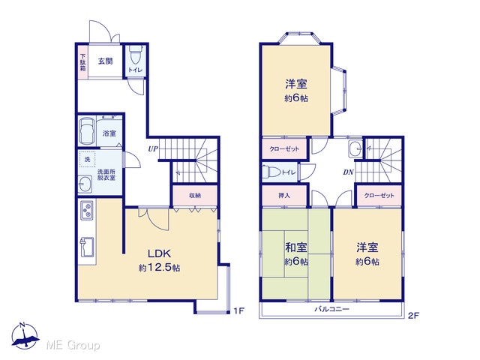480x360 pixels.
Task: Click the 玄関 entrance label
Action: (105, 61)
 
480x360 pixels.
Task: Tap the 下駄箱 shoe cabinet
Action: (83, 62)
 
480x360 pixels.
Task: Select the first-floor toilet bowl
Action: (135, 55)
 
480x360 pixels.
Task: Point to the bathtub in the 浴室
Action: (88, 132)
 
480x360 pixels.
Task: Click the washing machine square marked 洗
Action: (88, 159)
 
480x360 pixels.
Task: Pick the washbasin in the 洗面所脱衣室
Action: (85, 184)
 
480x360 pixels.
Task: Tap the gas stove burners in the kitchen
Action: (87, 210)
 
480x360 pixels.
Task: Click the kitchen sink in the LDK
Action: (88, 247)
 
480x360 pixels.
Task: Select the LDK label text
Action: (159, 253)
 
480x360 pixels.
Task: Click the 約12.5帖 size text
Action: (159, 268)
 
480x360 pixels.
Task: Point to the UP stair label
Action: (153, 148)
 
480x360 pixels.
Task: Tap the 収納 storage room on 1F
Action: (195, 195)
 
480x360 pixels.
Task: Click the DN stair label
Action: (348, 172)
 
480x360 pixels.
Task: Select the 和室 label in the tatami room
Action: (296, 247)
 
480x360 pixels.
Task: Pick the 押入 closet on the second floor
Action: (284, 195)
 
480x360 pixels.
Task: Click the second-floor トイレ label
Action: (289, 172)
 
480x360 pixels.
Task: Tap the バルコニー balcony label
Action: (332, 309)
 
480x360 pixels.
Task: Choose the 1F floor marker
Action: (238, 311)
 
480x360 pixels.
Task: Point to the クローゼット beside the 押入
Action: (379, 195)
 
